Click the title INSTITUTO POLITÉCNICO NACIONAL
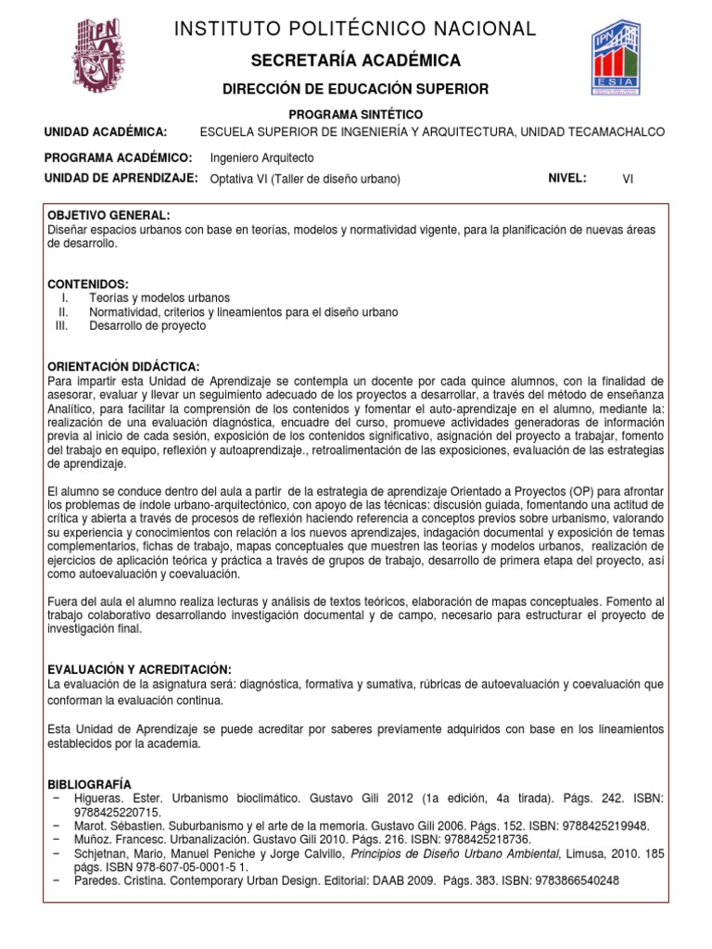[356, 30]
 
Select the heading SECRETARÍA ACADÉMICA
[356, 61]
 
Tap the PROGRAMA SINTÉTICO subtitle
[356, 112]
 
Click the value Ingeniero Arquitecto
[262, 158]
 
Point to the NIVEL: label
[567, 179]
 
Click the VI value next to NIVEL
[628, 180]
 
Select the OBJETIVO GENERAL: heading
[109, 215]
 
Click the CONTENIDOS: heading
[88, 284]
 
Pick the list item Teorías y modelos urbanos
[159, 298]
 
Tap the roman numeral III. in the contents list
[62, 326]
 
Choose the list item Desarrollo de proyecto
[147, 326]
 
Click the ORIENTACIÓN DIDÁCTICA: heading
[122, 367]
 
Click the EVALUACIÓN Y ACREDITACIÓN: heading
[138, 670]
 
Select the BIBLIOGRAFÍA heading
[89, 784]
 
